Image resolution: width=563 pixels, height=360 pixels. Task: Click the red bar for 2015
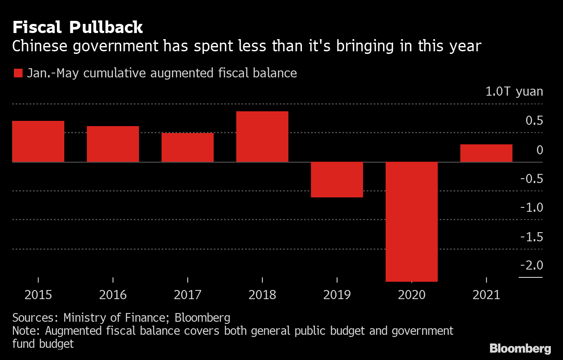[38, 141]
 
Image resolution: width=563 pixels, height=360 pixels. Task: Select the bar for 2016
[113, 144]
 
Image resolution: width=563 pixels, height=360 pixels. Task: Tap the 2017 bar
[188, 147]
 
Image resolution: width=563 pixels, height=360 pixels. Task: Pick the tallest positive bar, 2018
[262, 137]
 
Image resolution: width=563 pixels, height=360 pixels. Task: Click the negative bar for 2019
[337, 180]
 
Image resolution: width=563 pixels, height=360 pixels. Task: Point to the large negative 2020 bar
[412, 222]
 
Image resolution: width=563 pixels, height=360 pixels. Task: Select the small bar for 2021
[487, 153]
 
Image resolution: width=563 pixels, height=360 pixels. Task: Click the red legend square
[18, 73]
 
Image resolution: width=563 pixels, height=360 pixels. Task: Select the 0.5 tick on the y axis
[534, 120]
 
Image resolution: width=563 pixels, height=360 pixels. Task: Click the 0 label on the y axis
[540, 150]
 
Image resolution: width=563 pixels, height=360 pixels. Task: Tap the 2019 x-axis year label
[337, 295]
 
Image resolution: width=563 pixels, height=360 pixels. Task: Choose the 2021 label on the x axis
[487, 295]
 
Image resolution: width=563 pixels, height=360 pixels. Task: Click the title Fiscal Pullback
[77, 28]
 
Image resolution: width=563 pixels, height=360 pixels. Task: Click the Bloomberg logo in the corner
[520, 348]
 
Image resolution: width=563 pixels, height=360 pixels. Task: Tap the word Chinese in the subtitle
[38, 46]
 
